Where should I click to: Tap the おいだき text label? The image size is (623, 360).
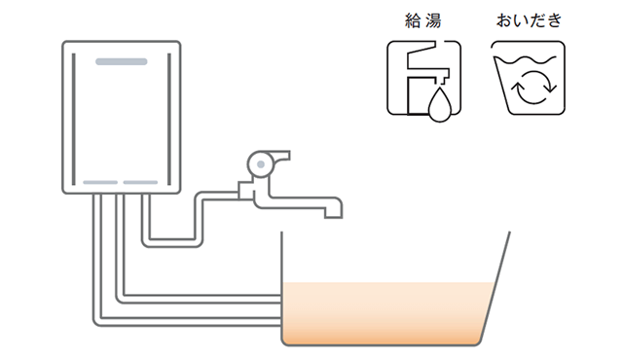click(527, 19)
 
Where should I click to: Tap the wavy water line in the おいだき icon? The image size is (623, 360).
click(527, 62)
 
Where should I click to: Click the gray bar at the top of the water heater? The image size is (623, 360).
click(122, 61)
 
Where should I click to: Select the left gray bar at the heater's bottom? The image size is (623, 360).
click(100, 182)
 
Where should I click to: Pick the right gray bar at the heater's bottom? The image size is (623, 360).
click(140, 182)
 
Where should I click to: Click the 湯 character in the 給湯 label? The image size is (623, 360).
click(433, 19)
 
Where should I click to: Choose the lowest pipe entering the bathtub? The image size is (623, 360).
click(185, 320)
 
